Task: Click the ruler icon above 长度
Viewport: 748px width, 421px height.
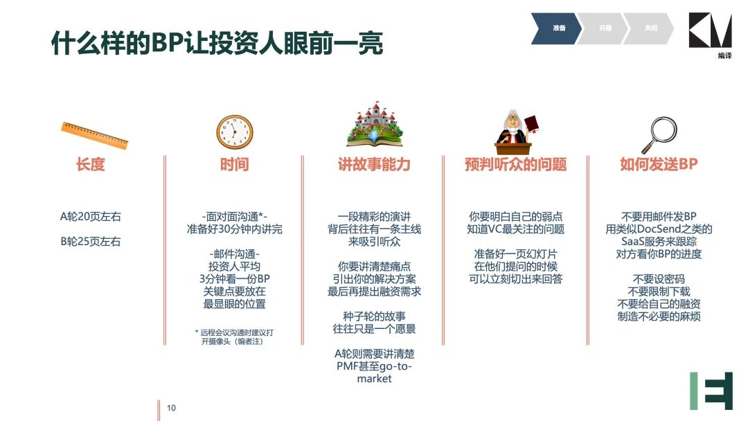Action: (94, 135)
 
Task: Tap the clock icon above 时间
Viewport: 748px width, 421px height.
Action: (235, 132)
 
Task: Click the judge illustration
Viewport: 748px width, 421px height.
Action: (516, 129)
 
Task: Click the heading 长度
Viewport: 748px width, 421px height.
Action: (90, 165)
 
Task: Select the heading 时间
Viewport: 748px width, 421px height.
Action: (234, 165)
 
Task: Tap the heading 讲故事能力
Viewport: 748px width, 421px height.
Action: (375, 165)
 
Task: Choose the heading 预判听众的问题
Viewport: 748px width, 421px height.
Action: (516, 165)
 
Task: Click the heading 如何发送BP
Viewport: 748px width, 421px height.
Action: (659, 165)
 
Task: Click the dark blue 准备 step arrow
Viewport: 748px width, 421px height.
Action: (555, 28)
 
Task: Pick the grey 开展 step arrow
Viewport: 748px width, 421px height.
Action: (602, 28)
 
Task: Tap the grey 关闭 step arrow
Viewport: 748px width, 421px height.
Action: (648, 28)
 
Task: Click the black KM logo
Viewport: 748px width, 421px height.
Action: (710, 30)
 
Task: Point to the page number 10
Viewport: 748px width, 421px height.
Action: (171, 408)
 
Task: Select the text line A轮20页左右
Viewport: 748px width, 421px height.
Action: (91, 217)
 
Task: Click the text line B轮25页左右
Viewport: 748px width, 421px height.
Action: (91, 241)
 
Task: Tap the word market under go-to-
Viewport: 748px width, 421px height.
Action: (375, 379)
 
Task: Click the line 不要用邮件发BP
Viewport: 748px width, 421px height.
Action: (659, 217)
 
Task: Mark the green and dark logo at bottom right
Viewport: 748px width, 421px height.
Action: (711, 391)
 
